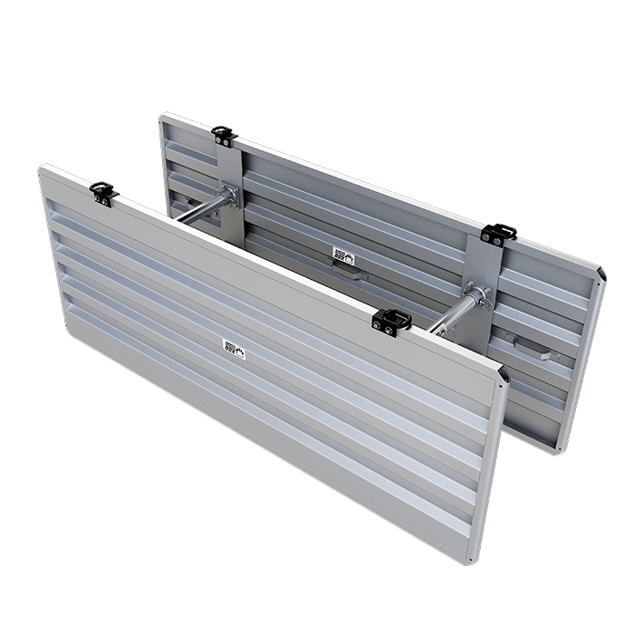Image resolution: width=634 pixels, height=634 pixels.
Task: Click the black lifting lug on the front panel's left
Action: click(x=100, y=191)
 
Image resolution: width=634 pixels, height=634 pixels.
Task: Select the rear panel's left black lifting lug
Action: click(x=222, y=136)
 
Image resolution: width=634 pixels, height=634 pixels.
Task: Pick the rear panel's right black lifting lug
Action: click(x=495, y=234)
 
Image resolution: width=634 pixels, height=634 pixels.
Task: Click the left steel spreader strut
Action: click(x=201, y=207)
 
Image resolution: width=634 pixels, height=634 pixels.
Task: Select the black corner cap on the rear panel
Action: click(x=602, y=273)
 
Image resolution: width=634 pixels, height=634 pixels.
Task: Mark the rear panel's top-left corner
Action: click(x=163, y=116)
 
